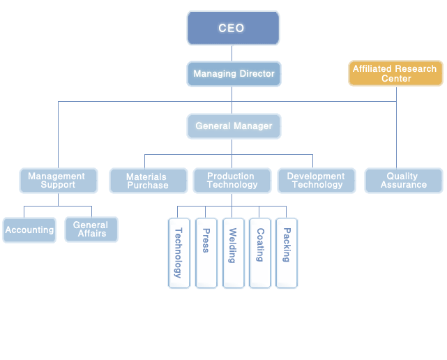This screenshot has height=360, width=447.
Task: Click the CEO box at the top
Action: pos(233,28)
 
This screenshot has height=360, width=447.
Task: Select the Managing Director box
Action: pos(234,74)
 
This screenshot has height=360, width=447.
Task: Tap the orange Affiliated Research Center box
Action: pos(395,73)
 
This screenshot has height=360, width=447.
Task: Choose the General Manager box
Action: pos(234,126)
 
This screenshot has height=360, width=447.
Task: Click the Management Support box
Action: pos(58,181)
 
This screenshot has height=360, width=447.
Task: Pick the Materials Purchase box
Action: pos(148,181)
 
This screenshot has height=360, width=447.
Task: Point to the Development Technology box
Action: pos(317,181)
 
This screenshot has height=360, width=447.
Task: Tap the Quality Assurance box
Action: pos(403,181)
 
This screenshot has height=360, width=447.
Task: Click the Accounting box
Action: pos(29,230)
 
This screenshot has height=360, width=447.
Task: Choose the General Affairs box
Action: pos(91,230)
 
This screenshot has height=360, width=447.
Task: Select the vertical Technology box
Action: pos(179,253)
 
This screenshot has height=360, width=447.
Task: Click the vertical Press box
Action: pos(206,253)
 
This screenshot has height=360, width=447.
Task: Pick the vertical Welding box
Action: pos(233,253)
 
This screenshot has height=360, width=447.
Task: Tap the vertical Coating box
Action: pos(259,253)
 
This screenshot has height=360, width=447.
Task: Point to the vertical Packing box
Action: pos(287,253)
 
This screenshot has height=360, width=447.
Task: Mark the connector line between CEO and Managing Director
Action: pos(233,53)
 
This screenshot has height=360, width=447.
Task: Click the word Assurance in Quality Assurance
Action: pos(403,185)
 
